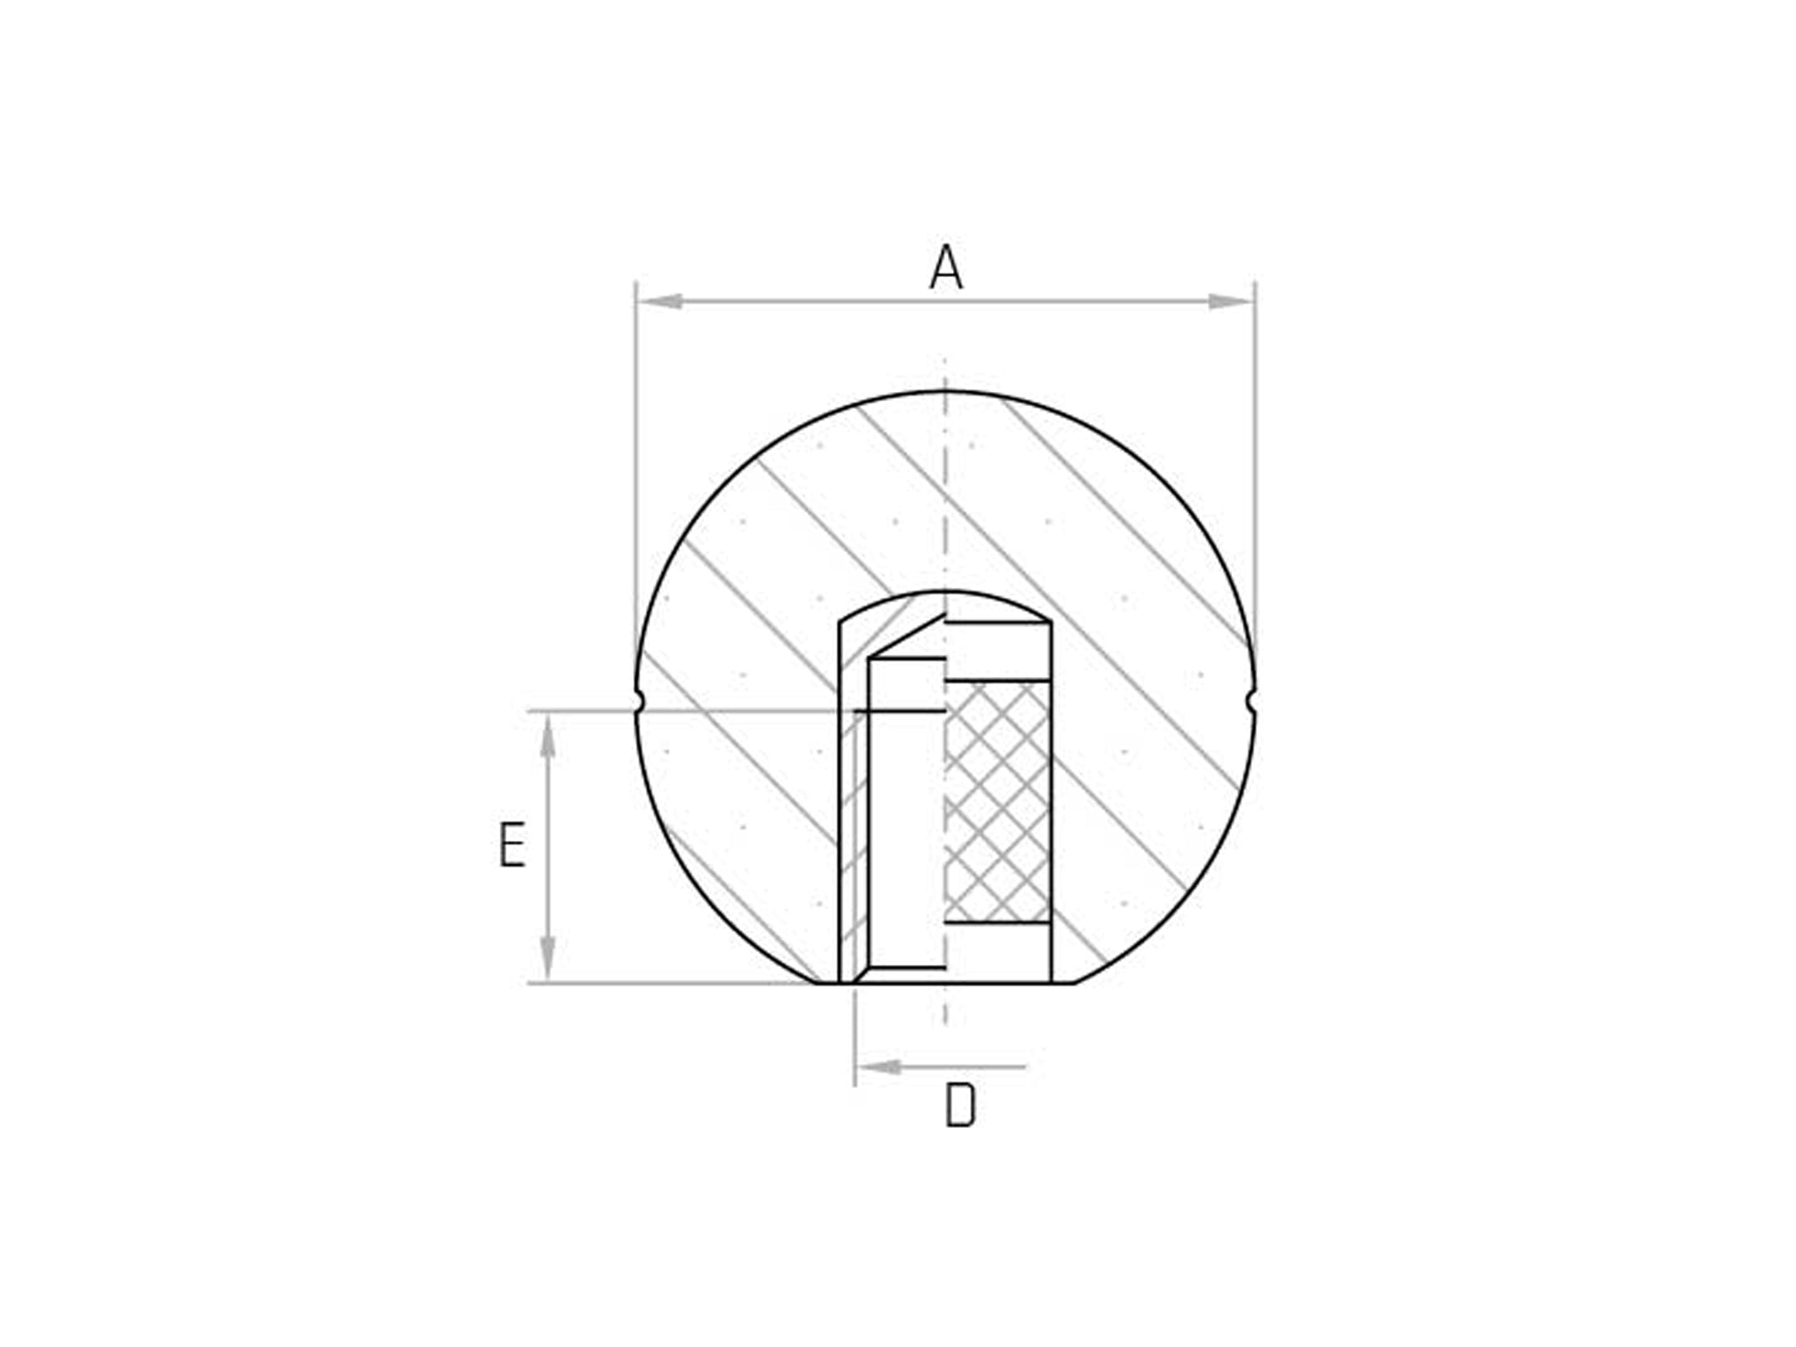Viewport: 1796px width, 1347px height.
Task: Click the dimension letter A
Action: click(x=945, y=267)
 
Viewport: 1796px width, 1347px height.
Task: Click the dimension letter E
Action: click(x=511, y=845)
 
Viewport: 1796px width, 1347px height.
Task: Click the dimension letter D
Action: click(x=959, y=1106)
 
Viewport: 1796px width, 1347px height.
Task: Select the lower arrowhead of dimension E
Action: click(x=548, y=959)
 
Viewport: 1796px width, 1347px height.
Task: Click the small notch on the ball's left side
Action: click(x=638, y=703)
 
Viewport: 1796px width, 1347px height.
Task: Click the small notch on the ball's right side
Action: click(x=1252, y=703)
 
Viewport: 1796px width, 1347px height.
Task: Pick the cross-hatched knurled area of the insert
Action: click(x=997, y=802)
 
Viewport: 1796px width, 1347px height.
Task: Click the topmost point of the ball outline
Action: click(x=944, y=392)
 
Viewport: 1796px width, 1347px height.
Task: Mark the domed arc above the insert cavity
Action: click(x=944, y=592)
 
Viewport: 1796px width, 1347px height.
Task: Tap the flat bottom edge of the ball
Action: click(x=944, y=983)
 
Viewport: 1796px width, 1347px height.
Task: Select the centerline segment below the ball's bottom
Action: click(x=944, y=1007)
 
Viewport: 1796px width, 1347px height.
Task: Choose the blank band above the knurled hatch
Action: click(x=997, y=652)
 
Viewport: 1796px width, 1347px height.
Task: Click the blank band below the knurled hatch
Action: click(x=997, y=951)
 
